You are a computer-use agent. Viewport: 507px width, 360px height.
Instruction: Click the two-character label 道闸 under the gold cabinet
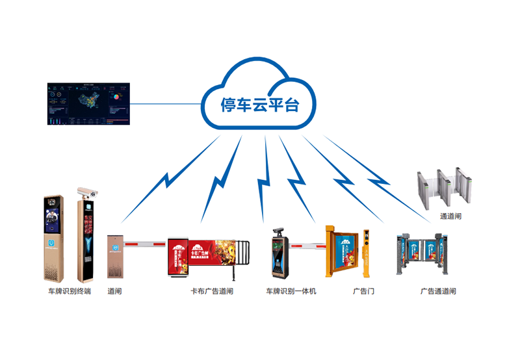pyautogui.click(x=114, y=292)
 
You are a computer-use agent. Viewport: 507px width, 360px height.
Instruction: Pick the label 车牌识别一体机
pyautogui.click(x=291, y=292)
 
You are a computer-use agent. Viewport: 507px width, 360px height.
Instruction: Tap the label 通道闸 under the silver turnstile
pyautogui.click(x=450, y=215)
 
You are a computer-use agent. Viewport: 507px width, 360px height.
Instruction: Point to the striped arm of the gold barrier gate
pyautogui.click(x=146, y=244)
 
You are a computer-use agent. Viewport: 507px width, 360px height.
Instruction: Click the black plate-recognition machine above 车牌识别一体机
pyautogui.click(x=280, y=255)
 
